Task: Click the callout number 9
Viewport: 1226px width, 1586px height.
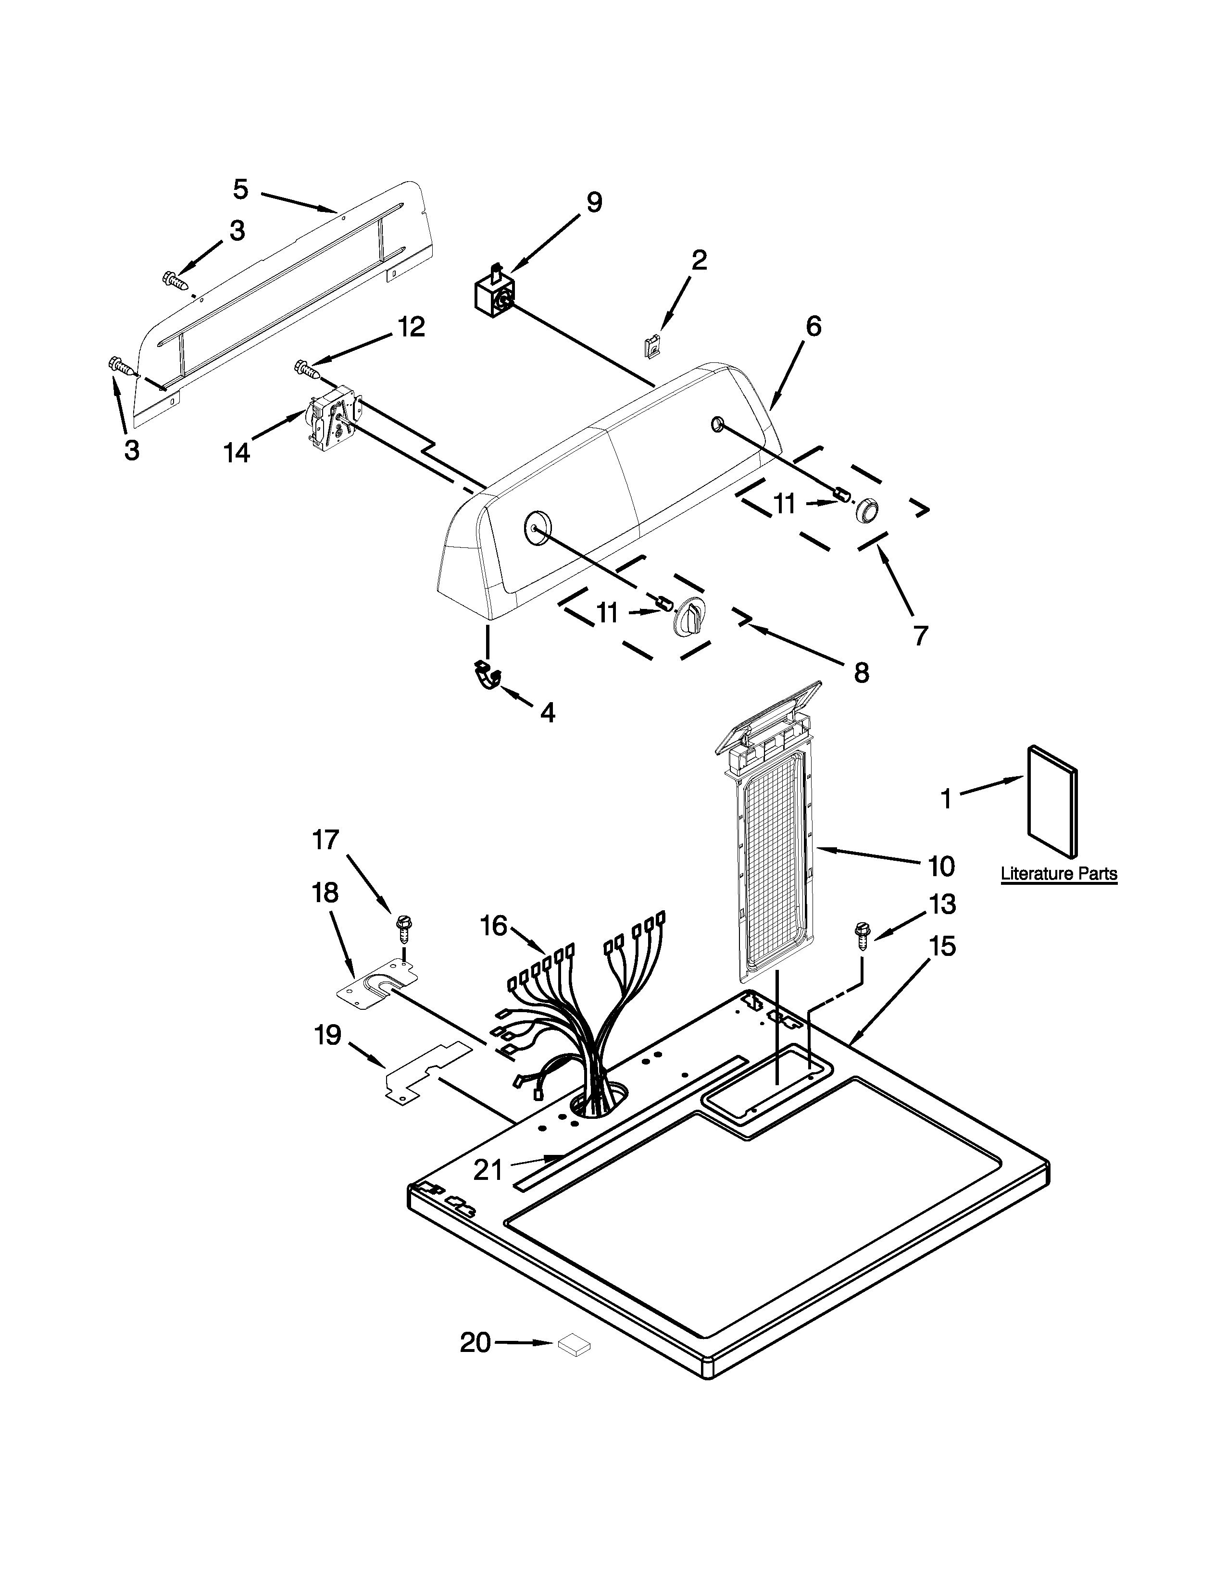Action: (594, 203)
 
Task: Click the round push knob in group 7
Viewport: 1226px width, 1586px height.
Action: (866, 510)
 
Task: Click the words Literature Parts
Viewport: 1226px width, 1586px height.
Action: (1058, 874)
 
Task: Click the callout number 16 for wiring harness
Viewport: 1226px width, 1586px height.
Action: (493, 927)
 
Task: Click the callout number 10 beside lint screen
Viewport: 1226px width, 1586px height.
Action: (940, 866)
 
